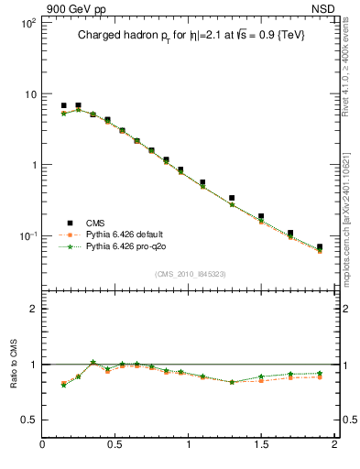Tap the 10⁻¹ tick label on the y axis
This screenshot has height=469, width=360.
point(27,236)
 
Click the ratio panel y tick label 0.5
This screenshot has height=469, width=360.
point(29,420)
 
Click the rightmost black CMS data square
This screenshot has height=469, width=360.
point(320,247)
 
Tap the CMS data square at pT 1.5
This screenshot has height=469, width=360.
point(261,217)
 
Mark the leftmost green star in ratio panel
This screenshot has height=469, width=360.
point(63,385)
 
